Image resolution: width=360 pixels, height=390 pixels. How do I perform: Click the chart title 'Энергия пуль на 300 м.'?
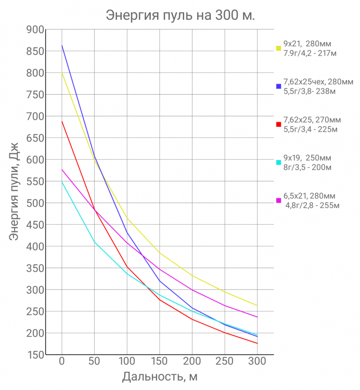[x=180, y=15]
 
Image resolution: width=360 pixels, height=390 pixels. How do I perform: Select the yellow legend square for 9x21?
[x=279, y=48]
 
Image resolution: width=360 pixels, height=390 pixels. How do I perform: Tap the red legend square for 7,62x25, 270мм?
[x=279, y=124]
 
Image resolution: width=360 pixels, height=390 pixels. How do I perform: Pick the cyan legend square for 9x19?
[x=279, y=162]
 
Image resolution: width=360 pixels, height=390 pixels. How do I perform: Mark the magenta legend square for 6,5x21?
[x=279, y=200]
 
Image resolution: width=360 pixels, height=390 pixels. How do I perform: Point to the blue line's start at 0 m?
[x=62, y=45]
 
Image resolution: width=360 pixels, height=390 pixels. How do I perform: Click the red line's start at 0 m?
[x=62, y=121]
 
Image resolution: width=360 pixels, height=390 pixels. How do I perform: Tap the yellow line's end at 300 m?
[x=257, y=305]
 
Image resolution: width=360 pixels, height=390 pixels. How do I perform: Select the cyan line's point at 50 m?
[x=94, y=242]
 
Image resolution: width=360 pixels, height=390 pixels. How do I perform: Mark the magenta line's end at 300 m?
[x=257, y=317]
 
